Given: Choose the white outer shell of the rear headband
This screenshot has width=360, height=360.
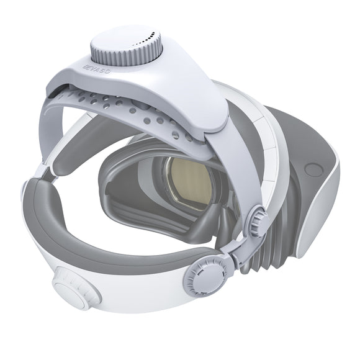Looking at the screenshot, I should coord(124,292).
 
